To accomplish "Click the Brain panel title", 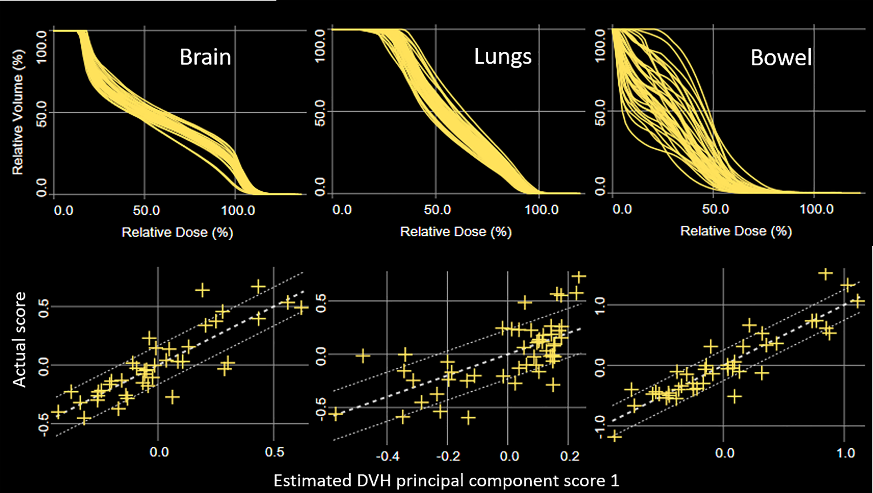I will pos(205,57).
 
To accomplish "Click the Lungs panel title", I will pos(502,57).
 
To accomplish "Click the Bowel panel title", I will pos(781,58).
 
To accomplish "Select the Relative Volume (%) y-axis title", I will pos(18,112).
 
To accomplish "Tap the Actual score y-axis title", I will pos(19,340).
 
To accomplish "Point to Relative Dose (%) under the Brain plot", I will pos(177,232).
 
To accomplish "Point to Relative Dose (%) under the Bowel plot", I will pos(736,231).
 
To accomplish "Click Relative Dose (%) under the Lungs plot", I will pos(456,232).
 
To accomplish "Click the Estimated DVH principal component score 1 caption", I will pos(446,481).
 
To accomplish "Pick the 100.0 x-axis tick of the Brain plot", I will pos(238,211).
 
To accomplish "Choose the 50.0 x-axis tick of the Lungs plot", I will pos(437,210).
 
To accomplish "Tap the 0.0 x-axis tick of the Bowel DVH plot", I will pos(622,209).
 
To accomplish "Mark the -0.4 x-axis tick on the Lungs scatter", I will pos(388,456).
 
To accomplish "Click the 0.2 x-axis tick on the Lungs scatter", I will pos(570,456).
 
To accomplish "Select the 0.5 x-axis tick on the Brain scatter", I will pos(274,452).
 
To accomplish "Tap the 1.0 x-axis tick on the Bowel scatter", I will pos(846,454).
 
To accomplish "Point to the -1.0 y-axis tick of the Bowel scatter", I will pos(600,427).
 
